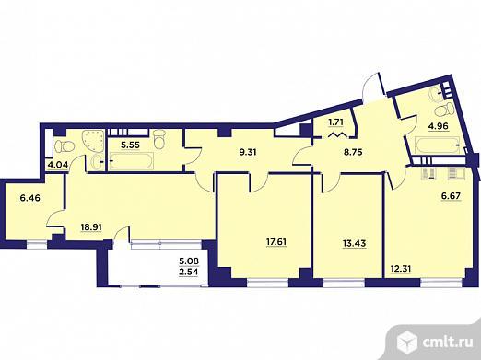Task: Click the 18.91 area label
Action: pyautogui.click(x=91, y=227)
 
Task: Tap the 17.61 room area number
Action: pyautogui.click(x=276, y=242)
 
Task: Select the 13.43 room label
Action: pyautogui.click(x=354, y=243)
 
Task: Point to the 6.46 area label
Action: pyautogui.click(x=29, y=198)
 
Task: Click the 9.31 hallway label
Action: pyautogui.click(x=248, y=152)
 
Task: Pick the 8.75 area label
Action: pyautogui.click(x=353, y=152)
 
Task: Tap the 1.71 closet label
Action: pyautogui.click(x=336, y=122)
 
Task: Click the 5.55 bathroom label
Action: pyautogui.click(x=130, y=145)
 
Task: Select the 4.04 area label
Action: pyautogui.click(x=57, y=165)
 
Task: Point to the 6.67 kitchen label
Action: pyautogui.click(x=452, y=196)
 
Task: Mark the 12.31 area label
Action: pyautogui.click(x=401, y=269)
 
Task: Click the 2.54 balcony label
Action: pyautogui.click(x=189, y=272)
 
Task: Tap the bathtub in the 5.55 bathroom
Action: pyautogui.click(x=131, y=161)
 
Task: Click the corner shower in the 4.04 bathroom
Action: pyautogui.click(x=93, y=140)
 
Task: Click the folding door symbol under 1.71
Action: pyautogui.click(x=336, y=134)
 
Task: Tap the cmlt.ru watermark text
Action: pyautogui.click(x=448, y=343)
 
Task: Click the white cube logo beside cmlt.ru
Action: pyautogui.click(x=406, y=343)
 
